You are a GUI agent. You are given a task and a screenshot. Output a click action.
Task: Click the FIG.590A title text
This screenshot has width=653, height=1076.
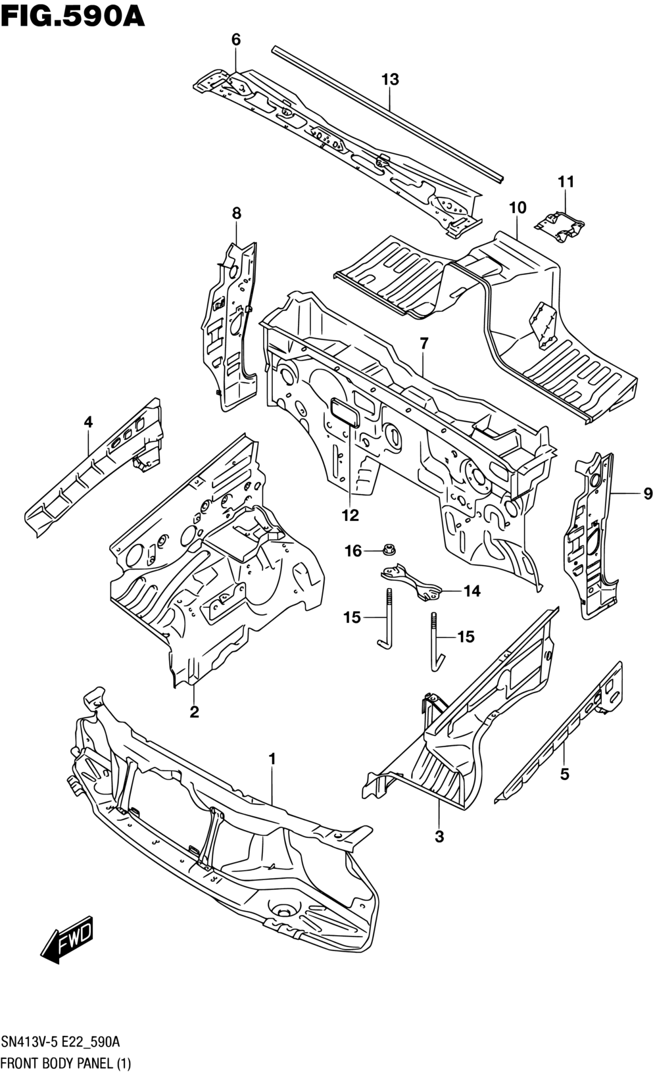tap(73, 14)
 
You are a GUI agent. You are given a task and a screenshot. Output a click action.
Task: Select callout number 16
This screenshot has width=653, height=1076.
tap(353, 551)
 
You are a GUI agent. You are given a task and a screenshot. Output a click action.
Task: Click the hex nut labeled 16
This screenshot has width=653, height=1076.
tap(388, 549)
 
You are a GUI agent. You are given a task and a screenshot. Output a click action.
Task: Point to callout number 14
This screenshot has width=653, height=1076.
tap(472, 591)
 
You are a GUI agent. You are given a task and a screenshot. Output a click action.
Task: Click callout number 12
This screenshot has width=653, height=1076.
tap(350, 516)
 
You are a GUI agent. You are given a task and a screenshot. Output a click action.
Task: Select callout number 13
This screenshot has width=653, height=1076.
tap(389, 80)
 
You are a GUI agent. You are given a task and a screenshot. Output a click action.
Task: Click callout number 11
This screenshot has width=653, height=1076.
tap(566, 182)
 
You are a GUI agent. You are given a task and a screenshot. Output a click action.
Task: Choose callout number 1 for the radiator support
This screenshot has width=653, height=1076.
tap(272, 760)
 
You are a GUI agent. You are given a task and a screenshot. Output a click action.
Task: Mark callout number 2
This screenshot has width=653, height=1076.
tap(194, 712)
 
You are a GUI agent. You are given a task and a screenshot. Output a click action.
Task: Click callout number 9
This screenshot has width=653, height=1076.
tap(647, 493)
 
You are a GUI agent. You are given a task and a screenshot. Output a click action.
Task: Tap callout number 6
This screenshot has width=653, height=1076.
tap(235, 40)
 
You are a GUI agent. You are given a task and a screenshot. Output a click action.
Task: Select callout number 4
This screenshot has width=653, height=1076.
tap(87, 422)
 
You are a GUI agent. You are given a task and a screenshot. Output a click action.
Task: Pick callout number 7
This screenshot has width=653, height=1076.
tap(423, 343)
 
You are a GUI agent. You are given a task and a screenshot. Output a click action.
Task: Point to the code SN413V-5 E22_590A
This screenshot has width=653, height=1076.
tap(60, 1042)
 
